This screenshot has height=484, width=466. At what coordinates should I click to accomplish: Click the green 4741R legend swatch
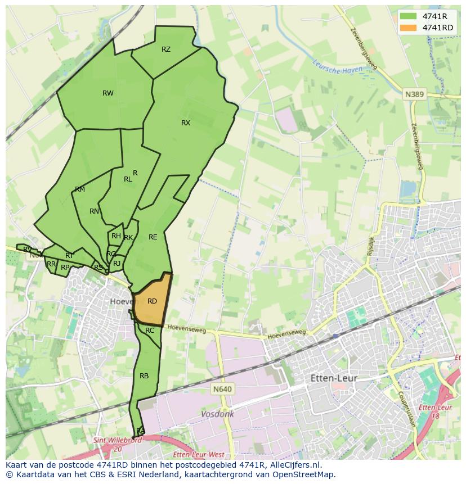point(409,16)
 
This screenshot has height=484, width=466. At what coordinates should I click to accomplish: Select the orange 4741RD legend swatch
point(409,28)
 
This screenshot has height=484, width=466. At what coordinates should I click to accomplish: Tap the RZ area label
point(166,49)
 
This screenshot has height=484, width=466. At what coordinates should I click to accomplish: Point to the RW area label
point(108,93)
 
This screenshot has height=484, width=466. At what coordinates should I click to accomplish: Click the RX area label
point(186,123)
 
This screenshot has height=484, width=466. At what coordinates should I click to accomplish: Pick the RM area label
point(80,189)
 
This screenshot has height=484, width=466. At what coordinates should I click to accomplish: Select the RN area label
point(94,211)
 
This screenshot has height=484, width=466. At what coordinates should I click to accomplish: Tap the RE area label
point(153,237)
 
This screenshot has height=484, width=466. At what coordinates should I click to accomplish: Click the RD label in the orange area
point(152,301)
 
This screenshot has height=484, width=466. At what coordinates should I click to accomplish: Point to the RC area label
point(150,331)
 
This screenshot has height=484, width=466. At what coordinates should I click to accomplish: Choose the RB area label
point(144,376)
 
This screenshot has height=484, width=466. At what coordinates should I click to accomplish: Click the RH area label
point(116,236)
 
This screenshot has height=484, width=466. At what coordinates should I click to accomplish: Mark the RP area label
point(65,268)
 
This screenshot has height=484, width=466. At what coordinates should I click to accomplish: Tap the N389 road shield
point(414,95)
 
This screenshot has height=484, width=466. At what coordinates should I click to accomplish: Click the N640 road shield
point(223,389)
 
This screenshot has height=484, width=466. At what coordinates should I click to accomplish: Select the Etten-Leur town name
point(334,379)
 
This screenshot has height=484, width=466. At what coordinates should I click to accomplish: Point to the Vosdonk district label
point(217,414)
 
